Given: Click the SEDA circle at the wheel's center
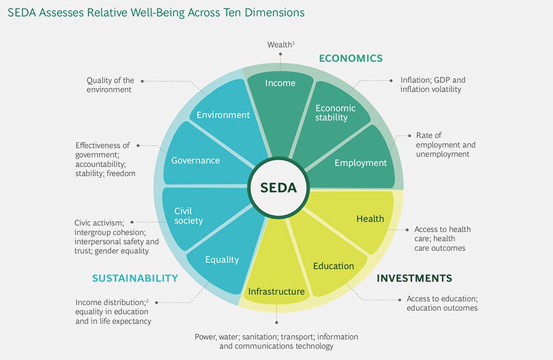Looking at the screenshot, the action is (278, 187).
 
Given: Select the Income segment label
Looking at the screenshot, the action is (280, 83).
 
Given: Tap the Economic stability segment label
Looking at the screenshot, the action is (335, 113).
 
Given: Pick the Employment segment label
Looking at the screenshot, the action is (361, 163).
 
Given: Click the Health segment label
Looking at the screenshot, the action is (370, 219).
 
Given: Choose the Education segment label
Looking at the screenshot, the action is (333, 266).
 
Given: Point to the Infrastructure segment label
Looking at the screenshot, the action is (276, 291).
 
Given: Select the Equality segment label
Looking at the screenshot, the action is (222, 260).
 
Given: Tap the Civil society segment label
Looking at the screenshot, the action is (189, 216).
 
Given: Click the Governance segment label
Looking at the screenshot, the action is (195, 160).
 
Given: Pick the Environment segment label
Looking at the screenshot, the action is (223, 115).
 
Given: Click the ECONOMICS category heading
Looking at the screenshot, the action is (351, 58).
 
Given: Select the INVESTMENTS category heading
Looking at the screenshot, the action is (414, 278).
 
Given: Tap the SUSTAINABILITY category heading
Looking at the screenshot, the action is (135, 278).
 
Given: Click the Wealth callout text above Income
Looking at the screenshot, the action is (281, 45).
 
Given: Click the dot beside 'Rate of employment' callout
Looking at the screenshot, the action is (409, 136).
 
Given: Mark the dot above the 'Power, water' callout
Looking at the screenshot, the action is (276, 323).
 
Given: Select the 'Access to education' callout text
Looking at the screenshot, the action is (442, 303).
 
